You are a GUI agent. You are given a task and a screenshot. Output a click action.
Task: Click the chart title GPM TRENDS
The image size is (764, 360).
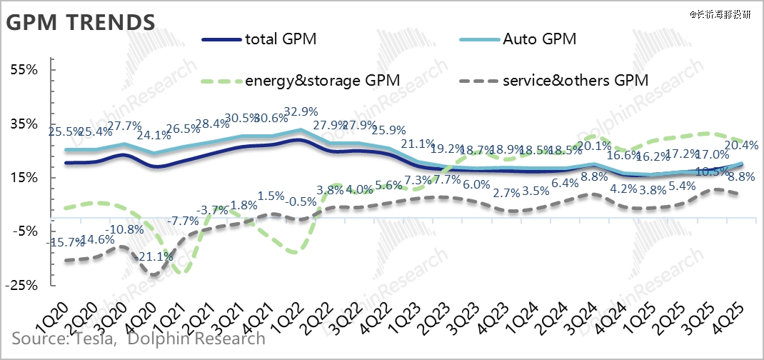tap(81, 21)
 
